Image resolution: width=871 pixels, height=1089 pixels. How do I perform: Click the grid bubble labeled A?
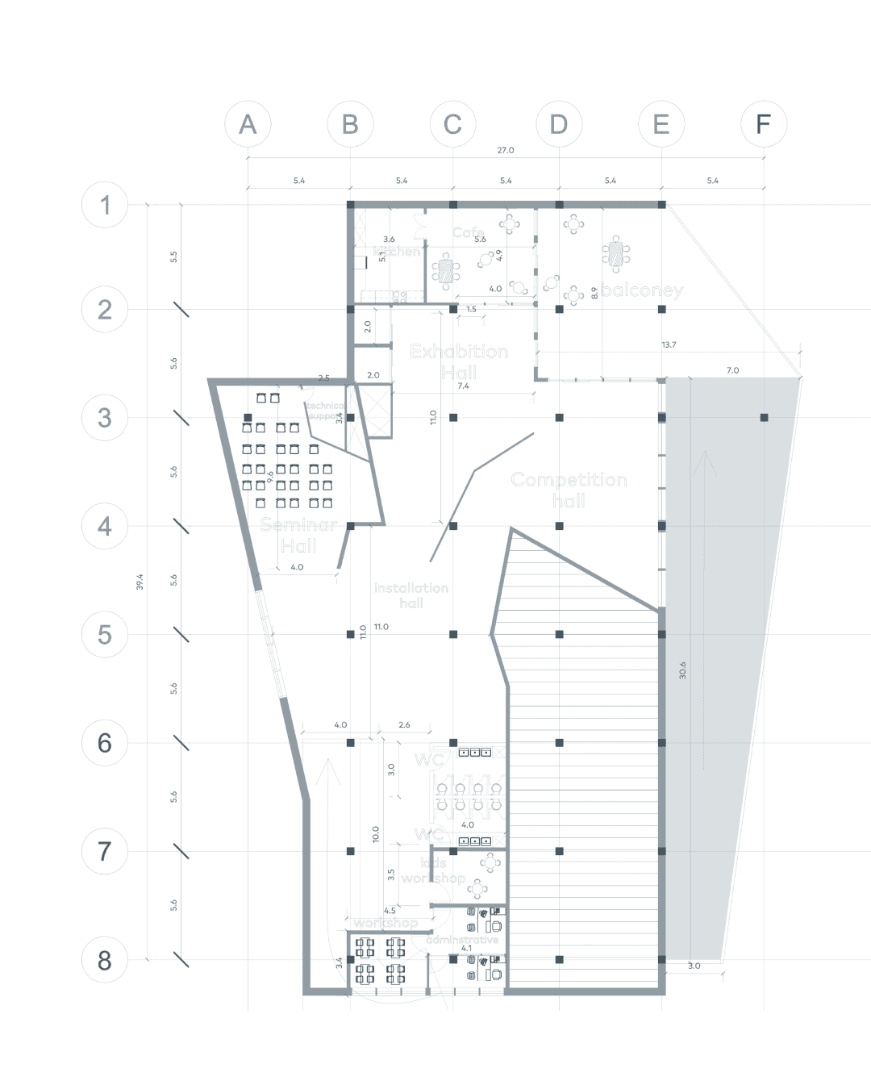pos(248,124)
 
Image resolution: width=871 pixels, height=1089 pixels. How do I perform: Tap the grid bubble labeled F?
pos(763,124)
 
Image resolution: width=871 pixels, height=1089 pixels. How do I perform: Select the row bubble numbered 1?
pos(105,205)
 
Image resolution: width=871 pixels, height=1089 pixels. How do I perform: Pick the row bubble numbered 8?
pos(105,960)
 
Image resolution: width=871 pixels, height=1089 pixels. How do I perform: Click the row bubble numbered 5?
pos(105,635)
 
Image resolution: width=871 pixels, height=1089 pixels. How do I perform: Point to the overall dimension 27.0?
pos(505,150)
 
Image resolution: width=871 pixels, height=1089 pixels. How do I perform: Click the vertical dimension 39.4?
pos(140,582)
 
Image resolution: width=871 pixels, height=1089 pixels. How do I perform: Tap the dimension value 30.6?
pos(682,670)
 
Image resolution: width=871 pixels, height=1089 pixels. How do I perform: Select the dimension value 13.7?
pos(669,344)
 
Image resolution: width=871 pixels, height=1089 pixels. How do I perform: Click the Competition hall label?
pos(569,490)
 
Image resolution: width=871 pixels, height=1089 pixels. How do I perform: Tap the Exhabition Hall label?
pos(459,361)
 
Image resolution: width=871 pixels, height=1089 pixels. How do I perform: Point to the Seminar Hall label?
pos(298,536)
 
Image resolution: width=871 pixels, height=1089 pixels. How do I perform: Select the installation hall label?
pos(410,595)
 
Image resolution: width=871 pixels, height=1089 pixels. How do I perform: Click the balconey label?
pos(642,290)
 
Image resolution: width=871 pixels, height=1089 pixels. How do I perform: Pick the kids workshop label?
pos(434,870)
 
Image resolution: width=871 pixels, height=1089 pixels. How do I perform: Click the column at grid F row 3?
pos(764,418)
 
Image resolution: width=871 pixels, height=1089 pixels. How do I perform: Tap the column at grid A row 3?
pos(248,418)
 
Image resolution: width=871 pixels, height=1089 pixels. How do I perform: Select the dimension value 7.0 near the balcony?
pos(732,370)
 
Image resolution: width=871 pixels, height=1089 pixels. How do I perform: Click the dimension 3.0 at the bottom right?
pos(694,966)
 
